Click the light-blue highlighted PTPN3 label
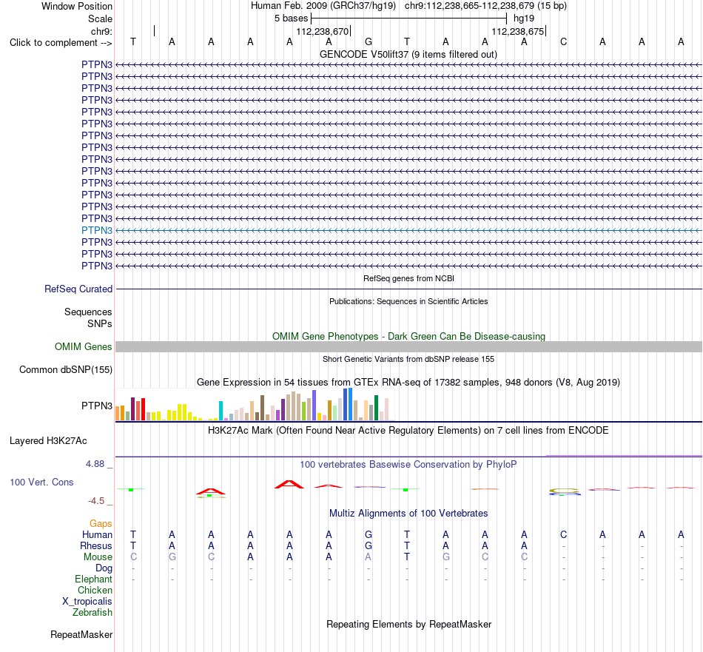(97, 230)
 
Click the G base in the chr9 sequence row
(368, 42)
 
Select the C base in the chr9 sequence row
(564, 42)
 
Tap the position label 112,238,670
(323, 31)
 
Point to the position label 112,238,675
(517, 31)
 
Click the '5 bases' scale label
(292, 19)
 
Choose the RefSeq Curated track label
(78, 289)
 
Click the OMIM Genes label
(84, 346)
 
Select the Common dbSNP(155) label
(66, 370)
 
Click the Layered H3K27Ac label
(48, 441)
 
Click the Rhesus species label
(96, 545)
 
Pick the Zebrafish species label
(92, 613)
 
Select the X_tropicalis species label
(87, 602)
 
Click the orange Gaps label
(101, 524)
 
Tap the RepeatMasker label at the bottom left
(81, 634)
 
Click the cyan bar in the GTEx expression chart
(221, 411)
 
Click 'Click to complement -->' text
(61, 43)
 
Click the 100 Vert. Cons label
(41, 482)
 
